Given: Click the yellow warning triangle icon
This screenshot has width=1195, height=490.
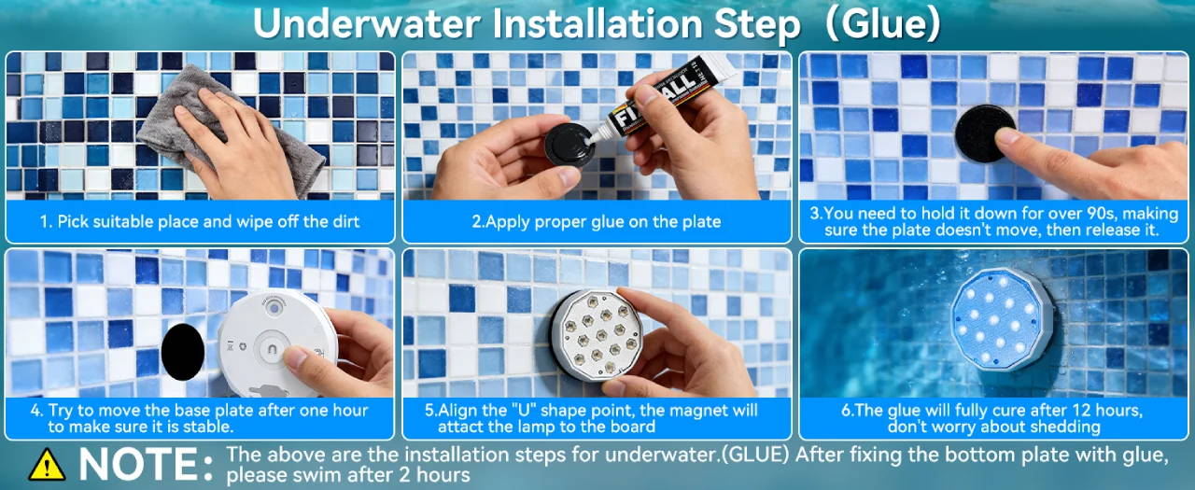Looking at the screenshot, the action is click(x=47, y=465).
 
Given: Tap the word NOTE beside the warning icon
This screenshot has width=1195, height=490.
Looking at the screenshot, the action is click(x=138, y=465).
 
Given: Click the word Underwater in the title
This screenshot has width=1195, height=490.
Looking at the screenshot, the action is click(x=367, y=24).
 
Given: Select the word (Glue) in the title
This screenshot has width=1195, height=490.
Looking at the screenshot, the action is click(x=883, y=24).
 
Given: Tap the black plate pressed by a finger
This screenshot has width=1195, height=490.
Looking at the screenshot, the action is click(x=983, y=133).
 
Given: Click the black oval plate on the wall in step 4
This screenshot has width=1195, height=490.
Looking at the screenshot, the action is click(x=182, y=352).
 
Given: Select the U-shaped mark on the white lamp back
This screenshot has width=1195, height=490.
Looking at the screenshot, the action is click(x=272, y=350).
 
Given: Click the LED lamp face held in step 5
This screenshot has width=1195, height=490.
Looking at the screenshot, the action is click(x=597, y=335).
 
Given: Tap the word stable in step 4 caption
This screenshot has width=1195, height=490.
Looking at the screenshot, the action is click(x=207, y=427).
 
